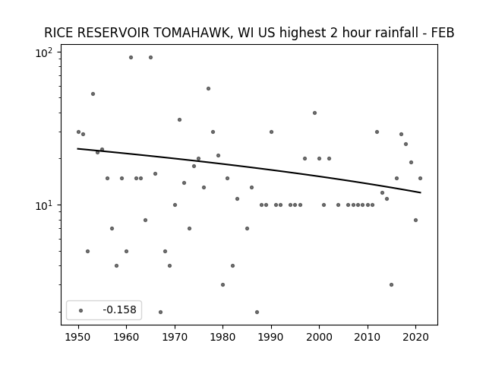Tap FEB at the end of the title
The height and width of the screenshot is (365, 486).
[443, 33]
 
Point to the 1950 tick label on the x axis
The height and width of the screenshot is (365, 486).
[78, 337]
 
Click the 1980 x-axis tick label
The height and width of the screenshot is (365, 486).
[222, 337]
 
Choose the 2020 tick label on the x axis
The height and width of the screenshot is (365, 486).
[415, 337]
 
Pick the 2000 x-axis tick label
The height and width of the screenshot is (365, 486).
[319, 337]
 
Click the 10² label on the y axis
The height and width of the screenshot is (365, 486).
[44, 52]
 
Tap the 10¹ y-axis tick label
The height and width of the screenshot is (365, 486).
[44, 205]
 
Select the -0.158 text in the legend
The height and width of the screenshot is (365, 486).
[120, 309]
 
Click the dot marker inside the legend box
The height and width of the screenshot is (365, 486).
[81, 310]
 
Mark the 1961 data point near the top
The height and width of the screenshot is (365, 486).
[131, 58]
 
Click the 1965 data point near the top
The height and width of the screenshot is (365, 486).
[150, 58]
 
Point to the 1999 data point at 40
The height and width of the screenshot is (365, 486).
[314, 113]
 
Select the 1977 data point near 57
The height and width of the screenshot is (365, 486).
[208, 89]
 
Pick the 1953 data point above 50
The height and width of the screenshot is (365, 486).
[93, 94]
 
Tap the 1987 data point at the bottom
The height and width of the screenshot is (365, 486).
[257, 313]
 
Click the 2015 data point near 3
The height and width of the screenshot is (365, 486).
[392, 285]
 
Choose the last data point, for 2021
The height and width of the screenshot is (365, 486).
[420, 179]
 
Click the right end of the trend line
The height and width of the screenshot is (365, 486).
[421, 192]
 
